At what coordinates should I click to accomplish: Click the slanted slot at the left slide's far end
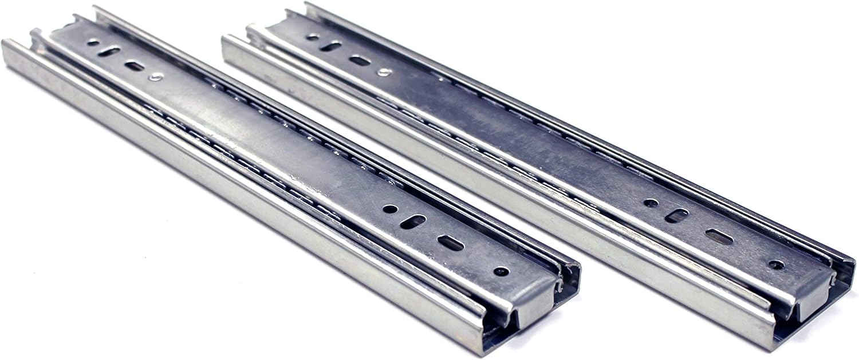tap(108, 52)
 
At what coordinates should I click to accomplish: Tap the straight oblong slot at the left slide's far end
tap(135, 66)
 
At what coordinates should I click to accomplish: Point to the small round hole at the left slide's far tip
tap(92, 42)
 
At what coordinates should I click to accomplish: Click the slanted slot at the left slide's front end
tap(413, 221)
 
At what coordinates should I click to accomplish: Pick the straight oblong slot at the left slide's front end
tap(451, 243)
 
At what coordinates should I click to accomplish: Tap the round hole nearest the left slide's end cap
tap(501, 271)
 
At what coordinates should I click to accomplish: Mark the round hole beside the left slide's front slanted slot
tap(390, 208)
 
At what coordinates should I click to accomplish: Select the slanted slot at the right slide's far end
tap(331, 46)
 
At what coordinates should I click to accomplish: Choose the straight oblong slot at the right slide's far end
tap(360, 60)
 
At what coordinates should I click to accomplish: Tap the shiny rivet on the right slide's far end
tap(384, 72)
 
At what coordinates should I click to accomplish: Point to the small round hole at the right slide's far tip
tap(313, 37)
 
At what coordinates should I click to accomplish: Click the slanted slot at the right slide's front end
tap(676, 215)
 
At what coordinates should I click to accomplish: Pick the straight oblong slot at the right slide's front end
tap(719, 236)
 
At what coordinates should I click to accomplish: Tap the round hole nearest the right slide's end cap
tap(776, 264)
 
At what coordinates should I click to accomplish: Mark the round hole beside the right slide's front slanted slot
tap(651, 203)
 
